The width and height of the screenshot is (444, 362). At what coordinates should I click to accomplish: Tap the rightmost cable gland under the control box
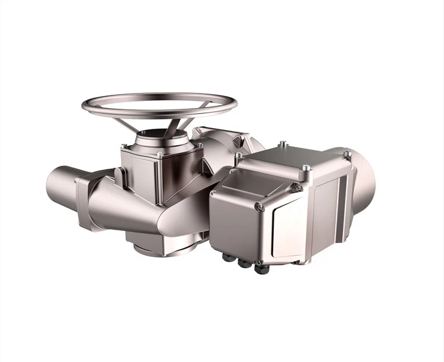point(262,267)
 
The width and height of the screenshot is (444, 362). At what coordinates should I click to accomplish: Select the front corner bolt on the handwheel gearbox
point(159,156)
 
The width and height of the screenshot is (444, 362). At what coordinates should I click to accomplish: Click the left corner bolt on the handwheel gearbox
point(123,146)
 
